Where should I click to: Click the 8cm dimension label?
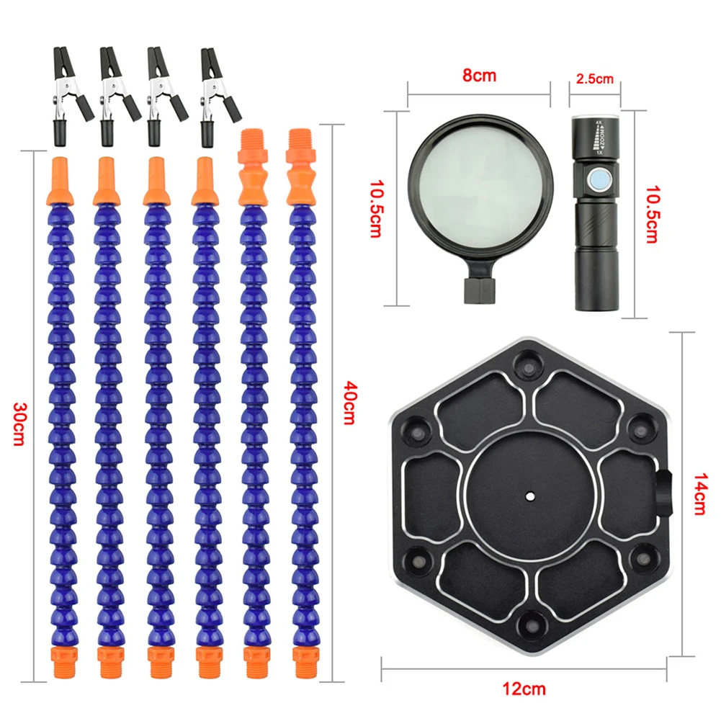point(479,76)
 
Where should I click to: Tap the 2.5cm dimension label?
point(594,79)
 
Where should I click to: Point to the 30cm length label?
point(19,424)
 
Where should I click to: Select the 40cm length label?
point(349,403)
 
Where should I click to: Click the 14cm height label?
point(700,494)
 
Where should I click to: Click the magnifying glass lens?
point(480,189)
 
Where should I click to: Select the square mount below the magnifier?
point(480,290)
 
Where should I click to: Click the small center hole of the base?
point(530,496)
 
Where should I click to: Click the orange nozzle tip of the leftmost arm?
point(61,182)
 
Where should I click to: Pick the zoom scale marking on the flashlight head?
point(599,137)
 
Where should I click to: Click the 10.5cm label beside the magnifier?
point(376,208)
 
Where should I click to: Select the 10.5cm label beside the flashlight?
point(652,214)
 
